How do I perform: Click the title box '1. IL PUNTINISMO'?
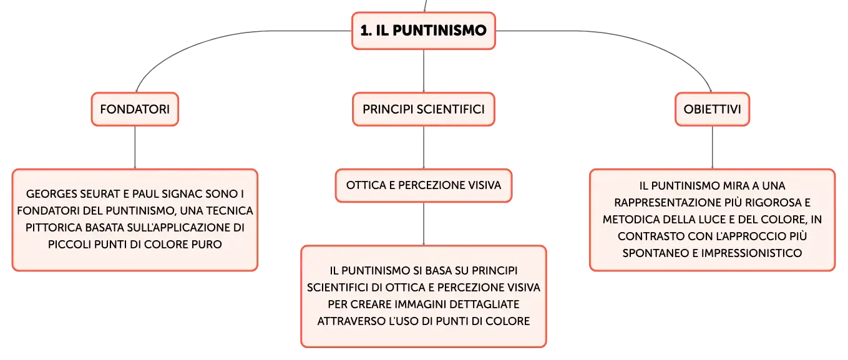click(x=424, y=31)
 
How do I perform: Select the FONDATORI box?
click(x=135, y=109)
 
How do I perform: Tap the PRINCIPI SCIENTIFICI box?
click(x=424, y=109)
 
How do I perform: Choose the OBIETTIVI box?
click(x=713, y=109)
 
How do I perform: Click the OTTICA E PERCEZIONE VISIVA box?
click(x=424, y=185)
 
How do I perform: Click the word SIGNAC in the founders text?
click(x=182, y=194)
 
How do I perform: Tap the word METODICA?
click(x=631, y=219)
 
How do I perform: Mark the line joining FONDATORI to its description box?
click(x=135, y=147)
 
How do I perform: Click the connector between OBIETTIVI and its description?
click(x=713, y=147)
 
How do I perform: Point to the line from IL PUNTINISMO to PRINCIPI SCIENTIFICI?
click(x=424, y=71)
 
